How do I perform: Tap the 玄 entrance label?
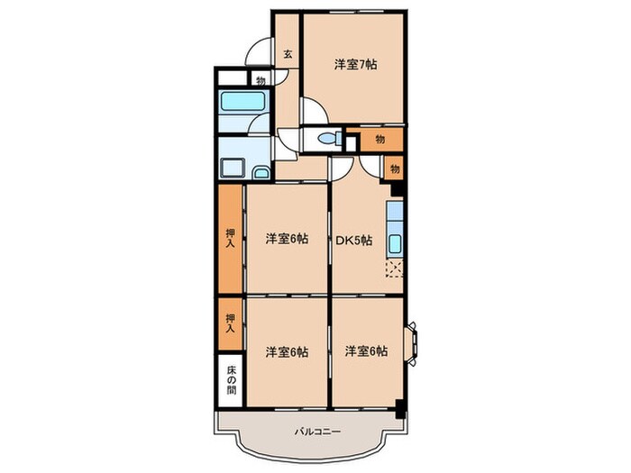[x=288, y=54]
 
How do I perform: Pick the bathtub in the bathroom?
[x=242, y=101]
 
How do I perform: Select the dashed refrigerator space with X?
[x=394, y=268]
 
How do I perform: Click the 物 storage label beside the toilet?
[x=380, y=139]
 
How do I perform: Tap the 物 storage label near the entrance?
[x=260, y=79]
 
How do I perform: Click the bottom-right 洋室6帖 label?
[x=366, y=351]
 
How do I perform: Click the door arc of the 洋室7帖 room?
[x=314, y=112]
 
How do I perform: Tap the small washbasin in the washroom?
[x=260, y=172]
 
